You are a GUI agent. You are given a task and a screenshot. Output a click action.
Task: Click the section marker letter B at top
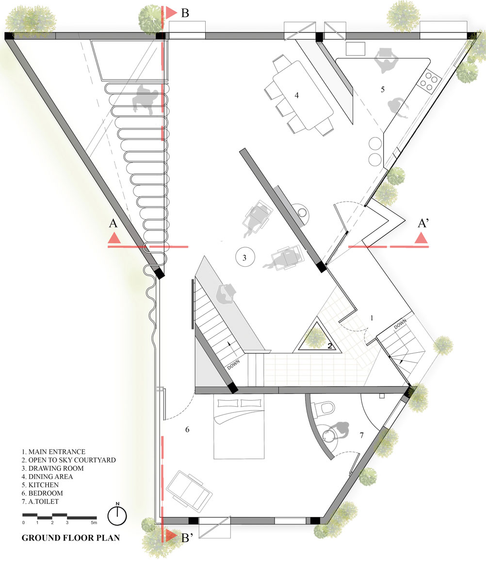click(185, 13)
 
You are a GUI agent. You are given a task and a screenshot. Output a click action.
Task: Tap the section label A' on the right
click(423, 223)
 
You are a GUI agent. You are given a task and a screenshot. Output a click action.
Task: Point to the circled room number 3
click(245, 257)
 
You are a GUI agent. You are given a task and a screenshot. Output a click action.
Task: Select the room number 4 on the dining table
click(297, 96)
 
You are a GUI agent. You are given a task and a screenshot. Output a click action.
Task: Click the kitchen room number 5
click(383, 89)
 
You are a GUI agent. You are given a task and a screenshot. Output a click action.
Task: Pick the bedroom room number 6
click(187, 429)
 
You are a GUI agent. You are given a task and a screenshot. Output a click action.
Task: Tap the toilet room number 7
click(362, 435)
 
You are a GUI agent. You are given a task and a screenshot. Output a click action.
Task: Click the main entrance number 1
click(372, 318)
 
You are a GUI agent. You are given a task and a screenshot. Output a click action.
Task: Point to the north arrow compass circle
click(117, 516)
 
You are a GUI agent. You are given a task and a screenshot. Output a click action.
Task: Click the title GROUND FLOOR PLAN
click(71, 538)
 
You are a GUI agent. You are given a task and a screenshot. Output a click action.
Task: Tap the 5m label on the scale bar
click(94, 523)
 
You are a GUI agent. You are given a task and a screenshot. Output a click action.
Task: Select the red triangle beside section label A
click(114, 238)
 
